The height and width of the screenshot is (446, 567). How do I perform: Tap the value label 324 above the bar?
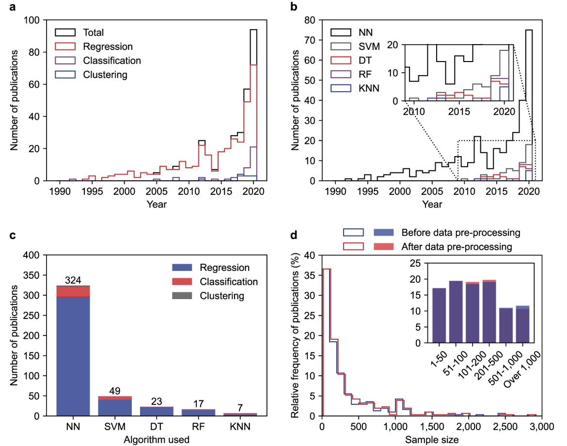tap(73, 280)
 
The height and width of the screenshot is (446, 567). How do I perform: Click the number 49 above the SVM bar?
tap(114, 391)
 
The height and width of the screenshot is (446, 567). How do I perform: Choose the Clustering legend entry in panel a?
tap(105, 75)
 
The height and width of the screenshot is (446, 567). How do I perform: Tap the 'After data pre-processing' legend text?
tap(457, 247)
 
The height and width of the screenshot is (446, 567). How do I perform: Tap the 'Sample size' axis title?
tap(432, 439)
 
